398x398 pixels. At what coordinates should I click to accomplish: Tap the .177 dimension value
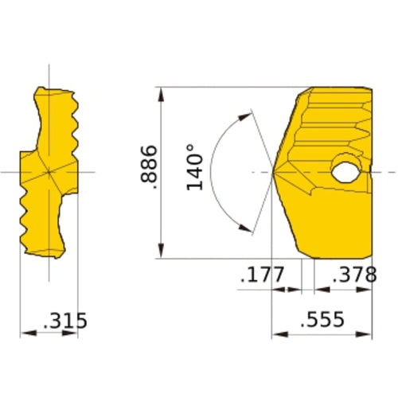click(262, 276)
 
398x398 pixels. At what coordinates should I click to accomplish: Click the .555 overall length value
click(322, 320)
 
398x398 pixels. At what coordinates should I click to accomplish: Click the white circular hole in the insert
click(345, 170)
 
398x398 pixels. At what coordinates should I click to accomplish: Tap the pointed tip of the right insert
click(274, 171)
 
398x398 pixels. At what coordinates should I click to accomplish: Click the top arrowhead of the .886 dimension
click(162, 92)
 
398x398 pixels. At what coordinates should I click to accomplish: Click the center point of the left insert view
click(49, 171)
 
